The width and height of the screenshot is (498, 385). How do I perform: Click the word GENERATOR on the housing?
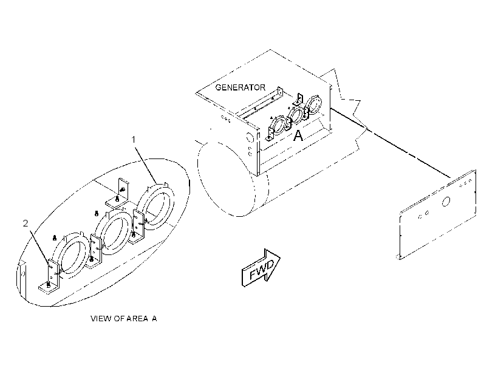pyautogui.click(x=240, y=87)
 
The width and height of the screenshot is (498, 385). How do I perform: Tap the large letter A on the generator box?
pyautogui.click(x=298, y=135)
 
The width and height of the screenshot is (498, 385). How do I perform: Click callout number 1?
pyautogui.click(x=134, y=140)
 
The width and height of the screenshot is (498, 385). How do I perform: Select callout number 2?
pyautogui.click(x=26, y=223)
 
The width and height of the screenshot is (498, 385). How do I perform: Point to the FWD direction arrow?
pyautogui.click(x=261, y=267)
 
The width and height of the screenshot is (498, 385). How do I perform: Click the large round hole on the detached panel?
pyautogui.click(x=446, y=202)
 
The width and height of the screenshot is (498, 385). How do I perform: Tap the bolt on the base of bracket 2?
pyautogui.click(x=48, y=285)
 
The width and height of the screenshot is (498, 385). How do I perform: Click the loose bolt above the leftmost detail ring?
pyautogui.click(x=54, y=237)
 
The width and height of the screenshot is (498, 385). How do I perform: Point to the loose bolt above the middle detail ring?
pyautogui.click(x=97, y=214)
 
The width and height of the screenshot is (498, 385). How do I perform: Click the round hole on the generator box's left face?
pyautogui.click(x=249, y=138)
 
